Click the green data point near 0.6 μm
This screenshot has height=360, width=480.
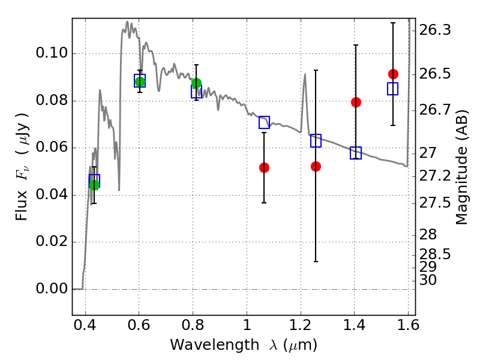click(x=140, y=82)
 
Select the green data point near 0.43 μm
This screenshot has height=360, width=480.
click(x=95, y=185)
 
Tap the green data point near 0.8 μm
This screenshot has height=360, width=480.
click(x=197, y=83)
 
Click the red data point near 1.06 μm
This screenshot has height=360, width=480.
click(x=264, y=168)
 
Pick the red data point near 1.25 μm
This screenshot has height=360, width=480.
click(x=316, y=167)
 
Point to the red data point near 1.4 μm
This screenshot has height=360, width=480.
click(x=356, y=102)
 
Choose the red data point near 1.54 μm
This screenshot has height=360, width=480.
click(x=393, y=74)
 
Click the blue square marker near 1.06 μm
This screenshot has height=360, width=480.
click(x=264, y=122)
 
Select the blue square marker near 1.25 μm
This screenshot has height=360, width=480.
click(x=316, y=140)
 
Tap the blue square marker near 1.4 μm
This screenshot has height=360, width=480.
click(x=356, y=153)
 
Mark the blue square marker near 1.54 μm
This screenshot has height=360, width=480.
click(x=393, y=89)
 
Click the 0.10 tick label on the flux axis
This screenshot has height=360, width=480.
click(x=52, y=53)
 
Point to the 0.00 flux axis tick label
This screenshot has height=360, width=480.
click(x=52, y=289)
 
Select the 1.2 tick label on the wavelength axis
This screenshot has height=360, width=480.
click(x=301, y=325)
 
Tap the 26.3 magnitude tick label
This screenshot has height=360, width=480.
click(x=434, y=31)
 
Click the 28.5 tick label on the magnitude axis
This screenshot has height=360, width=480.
click(x=434, y=254)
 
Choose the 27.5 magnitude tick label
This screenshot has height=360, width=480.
click(x=434, y=203)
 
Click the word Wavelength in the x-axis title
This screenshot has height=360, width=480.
click(x=215, y=345)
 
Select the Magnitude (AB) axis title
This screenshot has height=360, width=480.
click(x=461, y=167)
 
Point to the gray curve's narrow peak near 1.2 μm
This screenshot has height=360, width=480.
click(x=305, y=74)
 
